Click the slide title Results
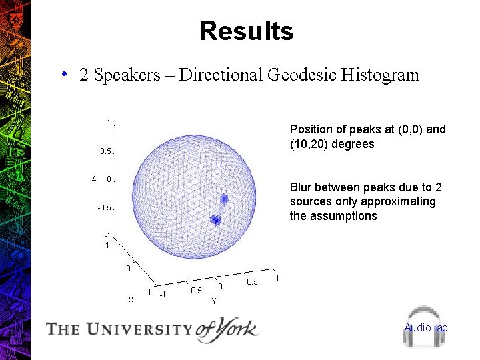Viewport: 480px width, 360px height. (246, 31)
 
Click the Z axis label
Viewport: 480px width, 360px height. (94, 178)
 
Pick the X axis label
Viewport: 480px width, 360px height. (131, 300)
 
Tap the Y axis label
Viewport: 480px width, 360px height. (213, 301)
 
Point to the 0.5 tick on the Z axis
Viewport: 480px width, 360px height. (106, 151)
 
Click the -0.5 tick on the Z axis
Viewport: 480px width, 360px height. (105, 207)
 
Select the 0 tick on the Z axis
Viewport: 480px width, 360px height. (109, 179)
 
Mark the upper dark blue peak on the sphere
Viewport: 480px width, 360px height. (225, 198)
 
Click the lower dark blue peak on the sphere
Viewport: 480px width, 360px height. (215, 219)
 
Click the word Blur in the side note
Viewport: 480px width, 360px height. (301, 187)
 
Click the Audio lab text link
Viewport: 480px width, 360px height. (426, 327)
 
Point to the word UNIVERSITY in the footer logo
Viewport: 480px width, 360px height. (137, 329)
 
